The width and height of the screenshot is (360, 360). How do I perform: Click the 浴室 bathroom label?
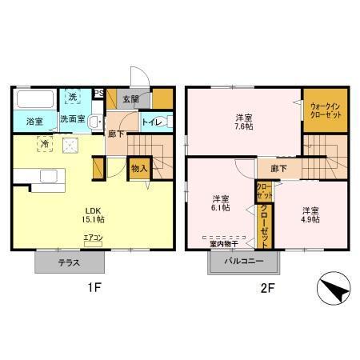(x=34, y=122)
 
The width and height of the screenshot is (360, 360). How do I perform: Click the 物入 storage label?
(x=138, y=168)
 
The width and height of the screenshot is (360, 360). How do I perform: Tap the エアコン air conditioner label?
(x=94, y=238)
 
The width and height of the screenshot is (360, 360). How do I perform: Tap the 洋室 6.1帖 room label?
(x=221, y=203)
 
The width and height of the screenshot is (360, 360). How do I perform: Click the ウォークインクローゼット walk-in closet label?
(x=324, y=110)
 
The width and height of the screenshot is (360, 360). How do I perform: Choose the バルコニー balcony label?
(x=244, y=262)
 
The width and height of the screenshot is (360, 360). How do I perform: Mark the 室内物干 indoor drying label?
(x=226, y=246)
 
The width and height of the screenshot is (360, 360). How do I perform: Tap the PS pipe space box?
(x=99, y=93)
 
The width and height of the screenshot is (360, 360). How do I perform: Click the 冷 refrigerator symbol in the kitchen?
(x=45, y=144)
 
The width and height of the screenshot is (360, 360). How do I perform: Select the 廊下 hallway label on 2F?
(x=278, y=168)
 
